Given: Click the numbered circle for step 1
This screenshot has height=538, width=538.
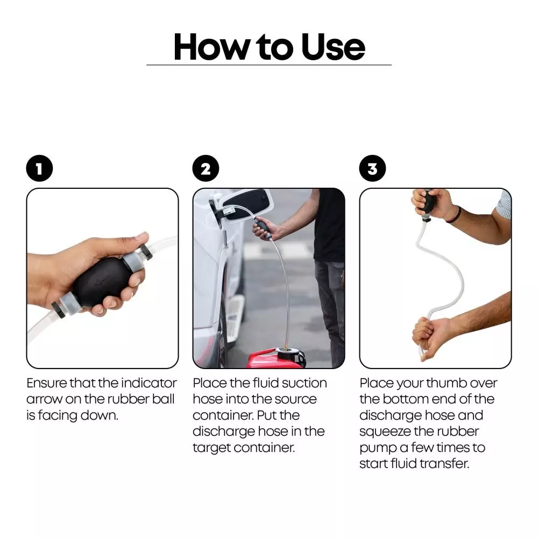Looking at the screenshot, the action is click(x=39, y=168).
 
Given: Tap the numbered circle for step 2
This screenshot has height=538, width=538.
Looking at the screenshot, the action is click(x=206, y=168).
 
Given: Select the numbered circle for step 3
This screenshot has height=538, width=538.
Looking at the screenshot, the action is click(x=372, y=168).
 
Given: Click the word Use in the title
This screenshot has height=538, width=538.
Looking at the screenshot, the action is click(x=333, y=47).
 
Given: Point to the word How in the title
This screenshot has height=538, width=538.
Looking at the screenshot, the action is click(x=211, y=47).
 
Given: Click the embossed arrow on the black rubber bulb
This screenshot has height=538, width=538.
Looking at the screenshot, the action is click(x=102, y=280).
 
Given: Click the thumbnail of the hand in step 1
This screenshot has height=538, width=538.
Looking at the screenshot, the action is click(x=142, y=236).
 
